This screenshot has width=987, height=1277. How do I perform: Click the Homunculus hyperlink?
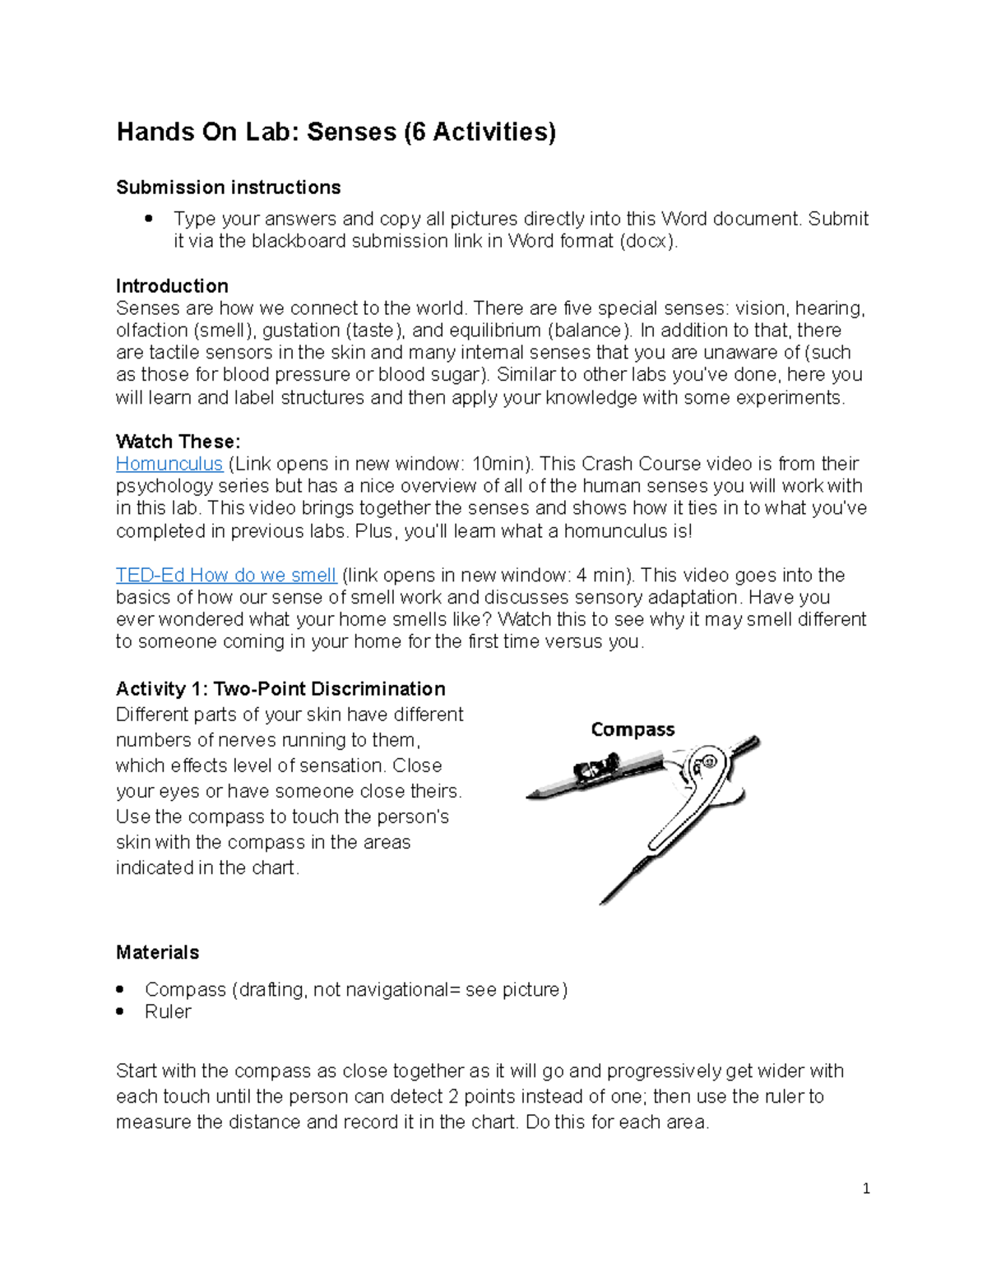coord(169,464)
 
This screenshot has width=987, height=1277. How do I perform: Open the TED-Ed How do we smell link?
coord(226,576)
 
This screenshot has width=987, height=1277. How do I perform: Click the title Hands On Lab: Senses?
coord(336,132)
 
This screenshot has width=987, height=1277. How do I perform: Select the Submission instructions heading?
coord(228,187)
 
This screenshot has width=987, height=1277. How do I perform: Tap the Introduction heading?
coord(172,286)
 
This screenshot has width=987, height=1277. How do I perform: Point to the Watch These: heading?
coord(178,442)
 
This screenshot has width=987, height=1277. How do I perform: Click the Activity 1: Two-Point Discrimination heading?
coord(280,689)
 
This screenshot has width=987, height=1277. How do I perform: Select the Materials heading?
coord(157,952)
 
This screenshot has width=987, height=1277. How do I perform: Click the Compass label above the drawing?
coord(633,729)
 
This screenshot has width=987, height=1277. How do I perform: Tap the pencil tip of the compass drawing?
coord(531,795)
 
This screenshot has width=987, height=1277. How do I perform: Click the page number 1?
coord(866,1188)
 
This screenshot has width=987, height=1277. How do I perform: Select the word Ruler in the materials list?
coord(168,1012)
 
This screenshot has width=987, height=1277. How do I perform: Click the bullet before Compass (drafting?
coord(120,990)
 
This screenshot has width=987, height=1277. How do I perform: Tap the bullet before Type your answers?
coord(149,219)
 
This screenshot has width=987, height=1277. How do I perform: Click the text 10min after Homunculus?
coord(498,464)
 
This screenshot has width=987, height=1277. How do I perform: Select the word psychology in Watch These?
coord(158,486)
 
